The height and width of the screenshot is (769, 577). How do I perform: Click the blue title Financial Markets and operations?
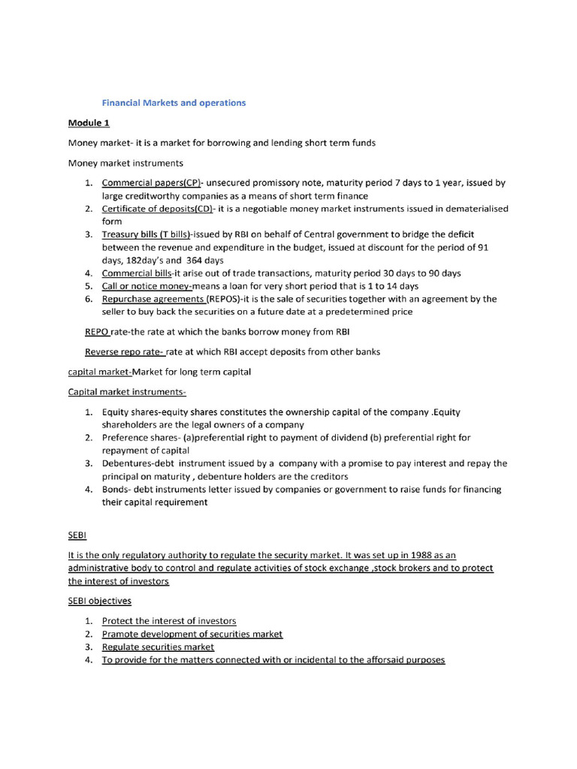(x=174, y=103)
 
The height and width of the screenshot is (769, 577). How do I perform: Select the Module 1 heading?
(x=89, y=122)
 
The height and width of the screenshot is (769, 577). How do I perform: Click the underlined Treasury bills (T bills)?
(x=147, y=235)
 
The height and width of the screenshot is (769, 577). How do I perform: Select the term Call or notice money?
(x=147, y=286)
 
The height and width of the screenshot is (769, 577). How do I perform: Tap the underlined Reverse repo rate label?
(x=124, y=351)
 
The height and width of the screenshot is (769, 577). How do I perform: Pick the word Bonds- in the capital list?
(x=116, y=490)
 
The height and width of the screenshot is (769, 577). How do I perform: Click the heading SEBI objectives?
(x=100, y=602)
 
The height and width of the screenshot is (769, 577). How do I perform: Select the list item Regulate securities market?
(x=158, y=647)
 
